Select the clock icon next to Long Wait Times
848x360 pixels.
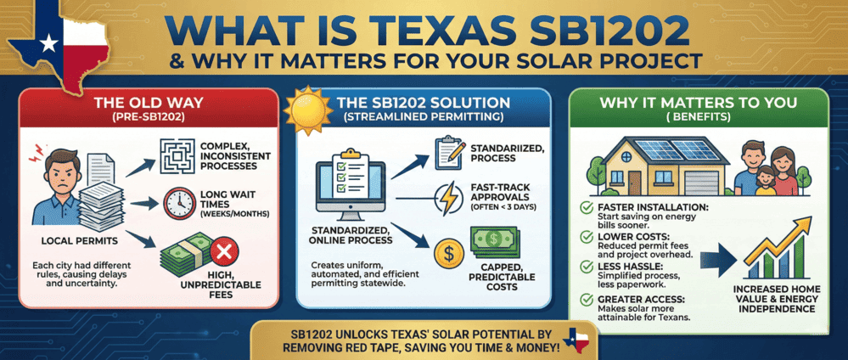pyautogui.click(x=177, y=203)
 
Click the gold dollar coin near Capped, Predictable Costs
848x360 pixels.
pyautogui.click(x=446, y=252)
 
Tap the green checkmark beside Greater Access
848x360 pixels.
pyautogui.click(x=583, y=298)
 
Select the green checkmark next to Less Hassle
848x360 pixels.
pyautogui.click(x=583, y=267)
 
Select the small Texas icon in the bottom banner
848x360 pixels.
pyautogui.click(x=586, y=338)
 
